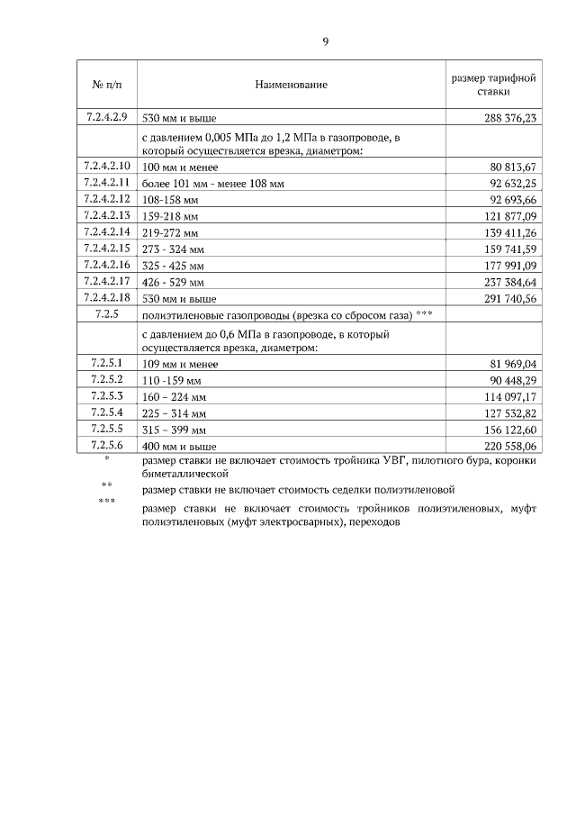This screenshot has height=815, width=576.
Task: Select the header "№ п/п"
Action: (107, 85)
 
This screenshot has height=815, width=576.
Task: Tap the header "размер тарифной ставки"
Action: (493, 85)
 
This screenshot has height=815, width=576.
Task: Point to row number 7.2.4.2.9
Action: (107, 117)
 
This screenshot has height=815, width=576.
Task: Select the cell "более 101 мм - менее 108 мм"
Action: (213, 184)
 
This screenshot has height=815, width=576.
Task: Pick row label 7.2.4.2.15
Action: (107, 249)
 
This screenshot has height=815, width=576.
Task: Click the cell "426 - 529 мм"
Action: (174, 282)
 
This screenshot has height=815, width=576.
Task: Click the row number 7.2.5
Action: (107, 314)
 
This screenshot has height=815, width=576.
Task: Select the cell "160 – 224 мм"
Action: (175, 397)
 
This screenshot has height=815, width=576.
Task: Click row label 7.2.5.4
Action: (107, 412)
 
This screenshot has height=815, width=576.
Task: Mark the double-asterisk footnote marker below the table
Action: (107, 486)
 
